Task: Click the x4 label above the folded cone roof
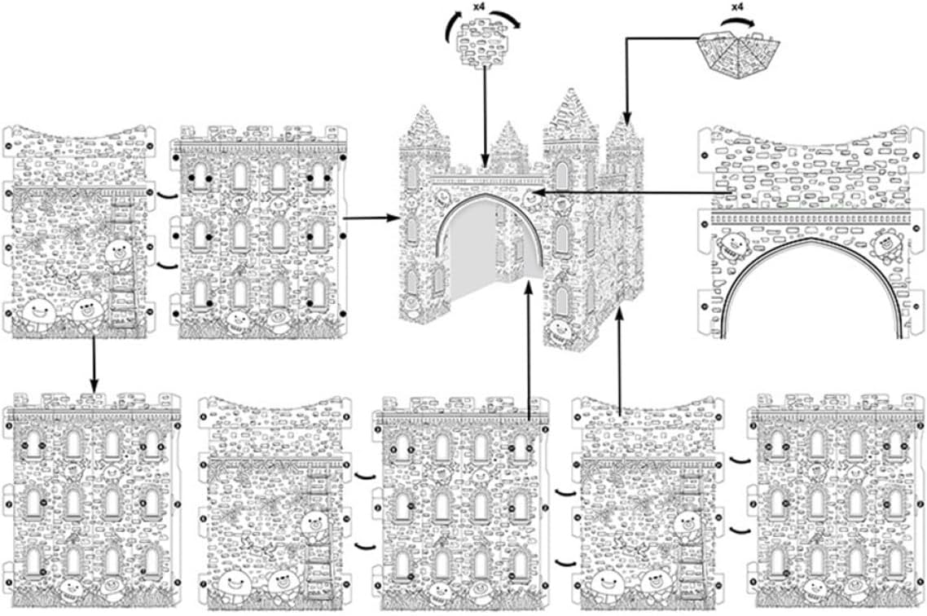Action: pos(736,7)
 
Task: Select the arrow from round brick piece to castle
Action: pos(485,114)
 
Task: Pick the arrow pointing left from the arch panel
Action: pos(627,192)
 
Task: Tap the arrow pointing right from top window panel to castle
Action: pos(371,218)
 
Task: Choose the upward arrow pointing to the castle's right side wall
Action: pos(620,359)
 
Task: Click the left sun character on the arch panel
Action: pos(736,244)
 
